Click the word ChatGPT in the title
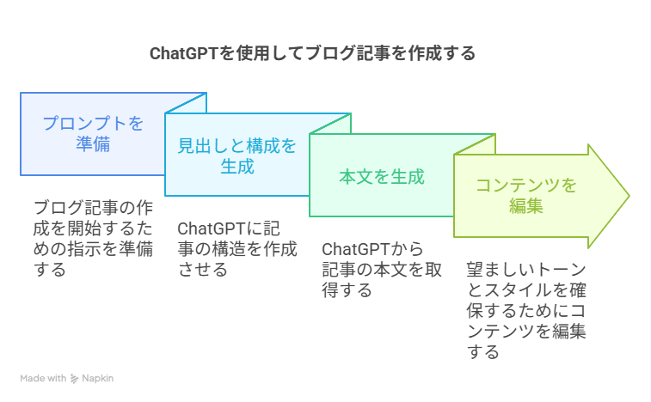click(184, 54)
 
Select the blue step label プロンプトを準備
click(93, 133)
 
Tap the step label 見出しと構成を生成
click(236, 155)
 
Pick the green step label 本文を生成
click(382, 178)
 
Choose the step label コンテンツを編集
click(526, 195)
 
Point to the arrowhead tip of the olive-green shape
click(629, 196)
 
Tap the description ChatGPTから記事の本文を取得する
click(382, 270)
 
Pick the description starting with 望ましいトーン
click(526, 309)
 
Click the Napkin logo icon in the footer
click(75, 378)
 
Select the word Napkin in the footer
click(98, 378)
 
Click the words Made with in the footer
click(43, 378)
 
